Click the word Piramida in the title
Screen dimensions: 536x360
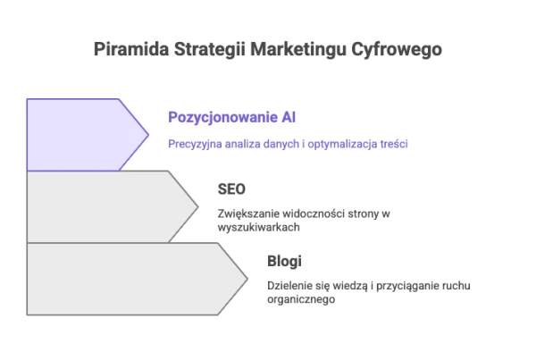click(x=131, y=48)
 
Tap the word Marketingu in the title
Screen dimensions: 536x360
click(x=298, y=49)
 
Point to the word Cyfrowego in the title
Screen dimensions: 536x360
click(x=397, y=50)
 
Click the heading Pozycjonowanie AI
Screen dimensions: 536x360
click(x=231, y=117)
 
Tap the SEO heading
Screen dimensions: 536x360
click(x=231, y=189)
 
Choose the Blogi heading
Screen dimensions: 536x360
click(x=284, y=262)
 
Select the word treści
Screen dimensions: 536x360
click(x=394, y=144)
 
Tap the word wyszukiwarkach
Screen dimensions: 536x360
click(x=259, y=228)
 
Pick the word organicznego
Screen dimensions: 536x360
click(x=301, y=300)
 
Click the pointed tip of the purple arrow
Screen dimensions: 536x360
click(x=148, y=135)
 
